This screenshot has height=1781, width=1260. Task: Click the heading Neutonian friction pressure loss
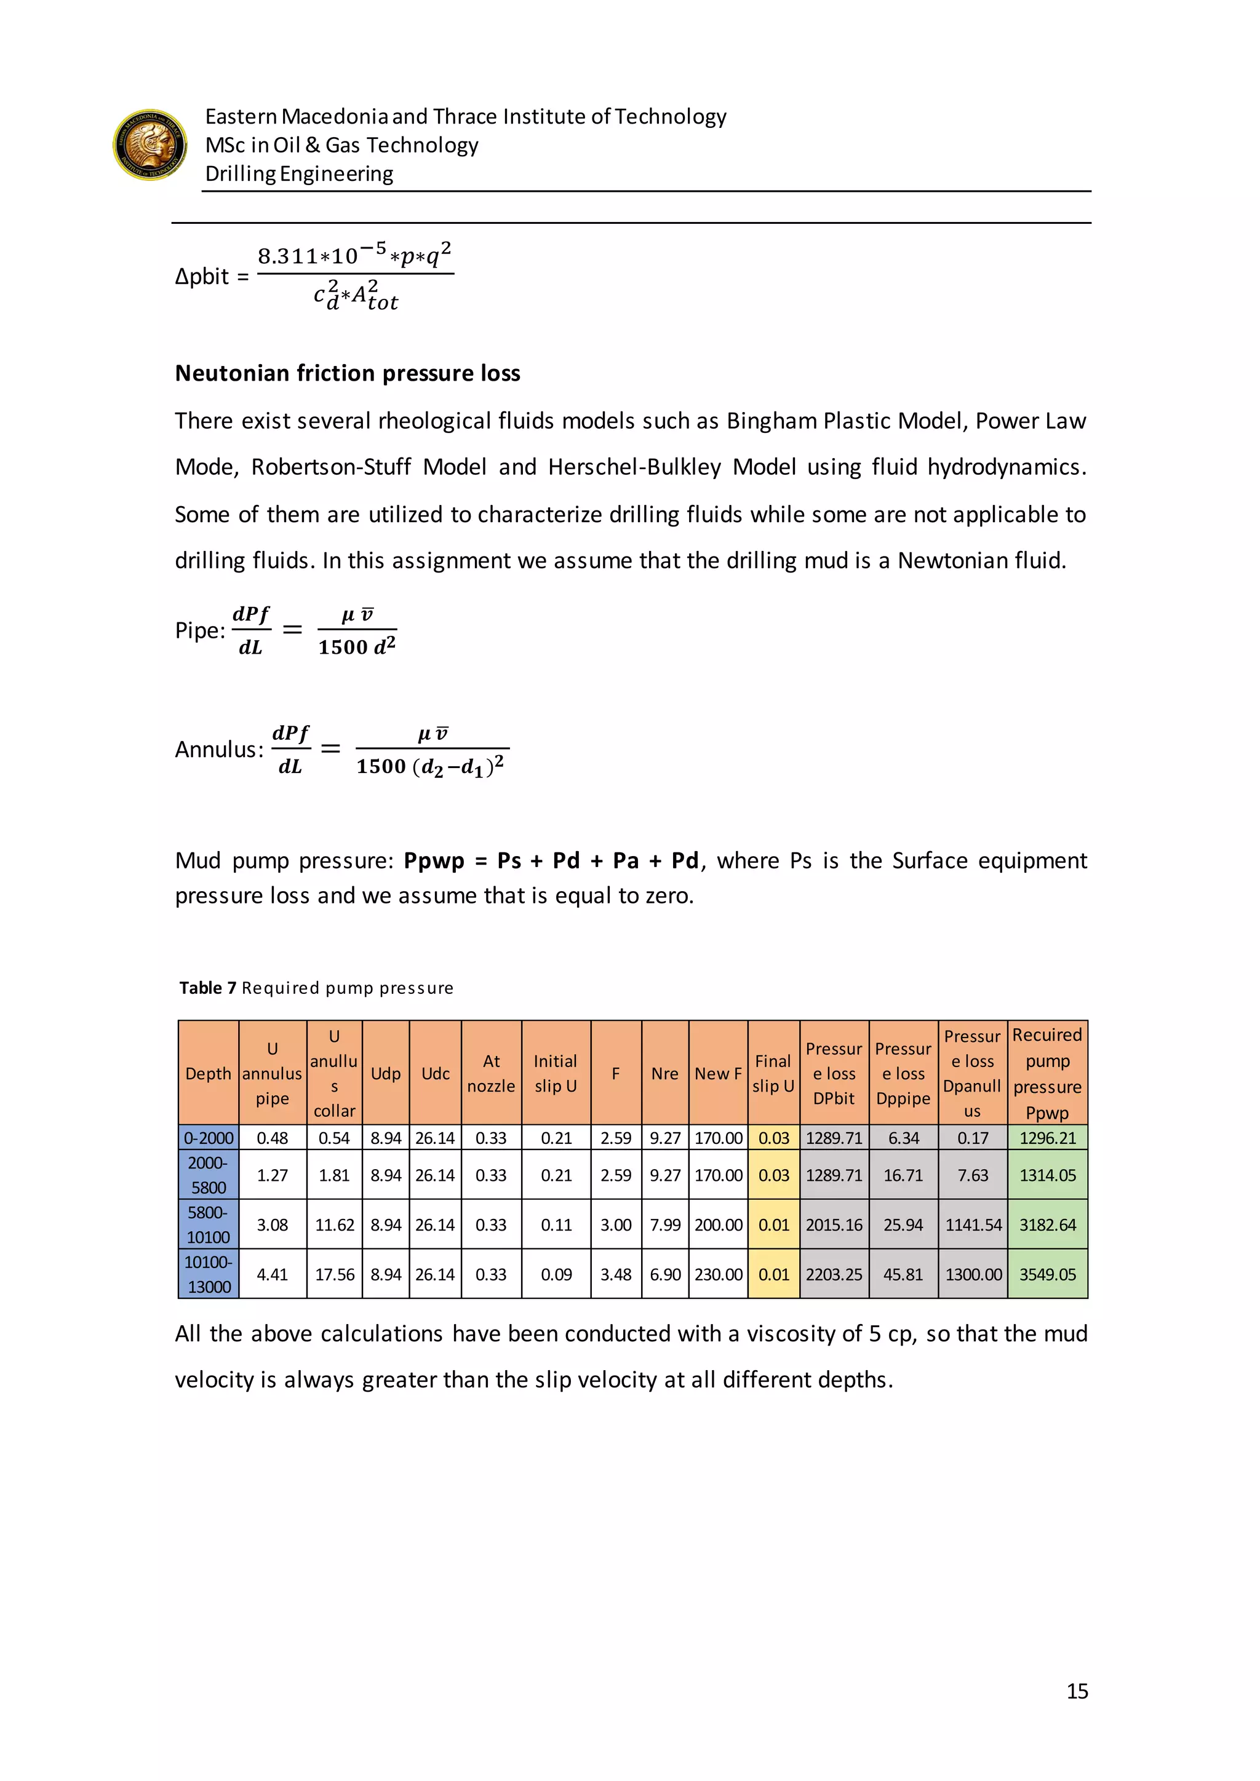(x=347, y=373)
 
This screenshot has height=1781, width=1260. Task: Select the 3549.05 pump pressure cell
(x=1047, y=1274)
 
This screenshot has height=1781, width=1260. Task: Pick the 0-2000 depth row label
(x=208, y=1138)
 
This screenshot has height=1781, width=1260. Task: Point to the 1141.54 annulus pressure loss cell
(x=972, y=1225)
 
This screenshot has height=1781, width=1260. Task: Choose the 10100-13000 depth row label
(x=208, y=1274)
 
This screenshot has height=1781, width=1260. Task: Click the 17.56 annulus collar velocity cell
(x=335, y=1274)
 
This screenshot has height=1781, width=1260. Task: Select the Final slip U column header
(x=773, y=1074)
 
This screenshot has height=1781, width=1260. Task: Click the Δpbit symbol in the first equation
(x=202, y=277)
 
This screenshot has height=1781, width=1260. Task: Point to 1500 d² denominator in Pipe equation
(x=357, y=647)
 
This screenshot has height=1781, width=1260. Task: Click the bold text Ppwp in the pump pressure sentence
(x=434, y=860)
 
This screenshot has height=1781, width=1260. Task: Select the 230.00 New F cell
(x=718, y=1274)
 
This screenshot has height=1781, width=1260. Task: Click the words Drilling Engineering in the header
(x=299, y=174)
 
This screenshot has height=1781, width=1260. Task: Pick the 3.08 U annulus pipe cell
(x=273, y=1225)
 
